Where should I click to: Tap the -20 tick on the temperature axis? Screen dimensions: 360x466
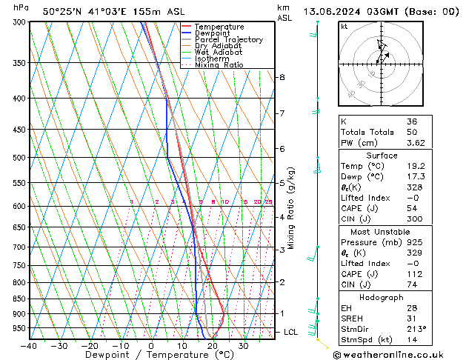90,346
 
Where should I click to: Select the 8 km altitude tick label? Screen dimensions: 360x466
282,77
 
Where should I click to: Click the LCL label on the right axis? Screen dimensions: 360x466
290,332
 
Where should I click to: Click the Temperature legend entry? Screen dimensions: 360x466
221,27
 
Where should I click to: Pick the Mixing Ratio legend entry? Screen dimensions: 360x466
219,65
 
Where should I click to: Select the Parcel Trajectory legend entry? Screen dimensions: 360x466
228,39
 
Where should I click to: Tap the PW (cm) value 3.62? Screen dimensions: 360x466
416,143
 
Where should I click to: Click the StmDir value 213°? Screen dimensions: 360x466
416,328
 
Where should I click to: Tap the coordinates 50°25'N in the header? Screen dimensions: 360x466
61,11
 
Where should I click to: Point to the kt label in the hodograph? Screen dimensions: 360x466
344,27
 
